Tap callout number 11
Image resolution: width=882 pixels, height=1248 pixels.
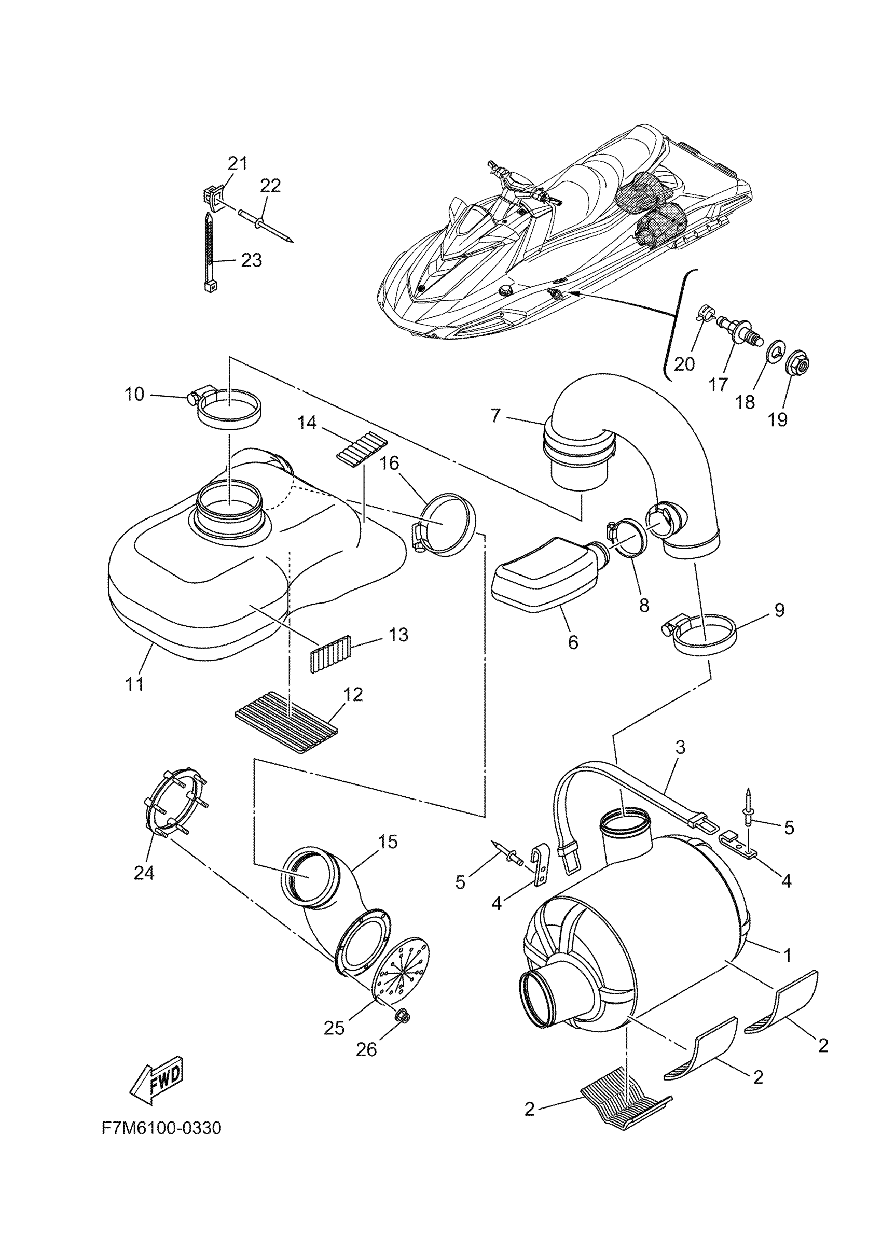click(135, 684)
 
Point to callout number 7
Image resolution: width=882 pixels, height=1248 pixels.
click(495, 416)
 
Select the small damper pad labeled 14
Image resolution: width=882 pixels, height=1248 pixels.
click(361, 447)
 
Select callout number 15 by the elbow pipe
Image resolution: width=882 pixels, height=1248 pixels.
click(388, 842)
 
